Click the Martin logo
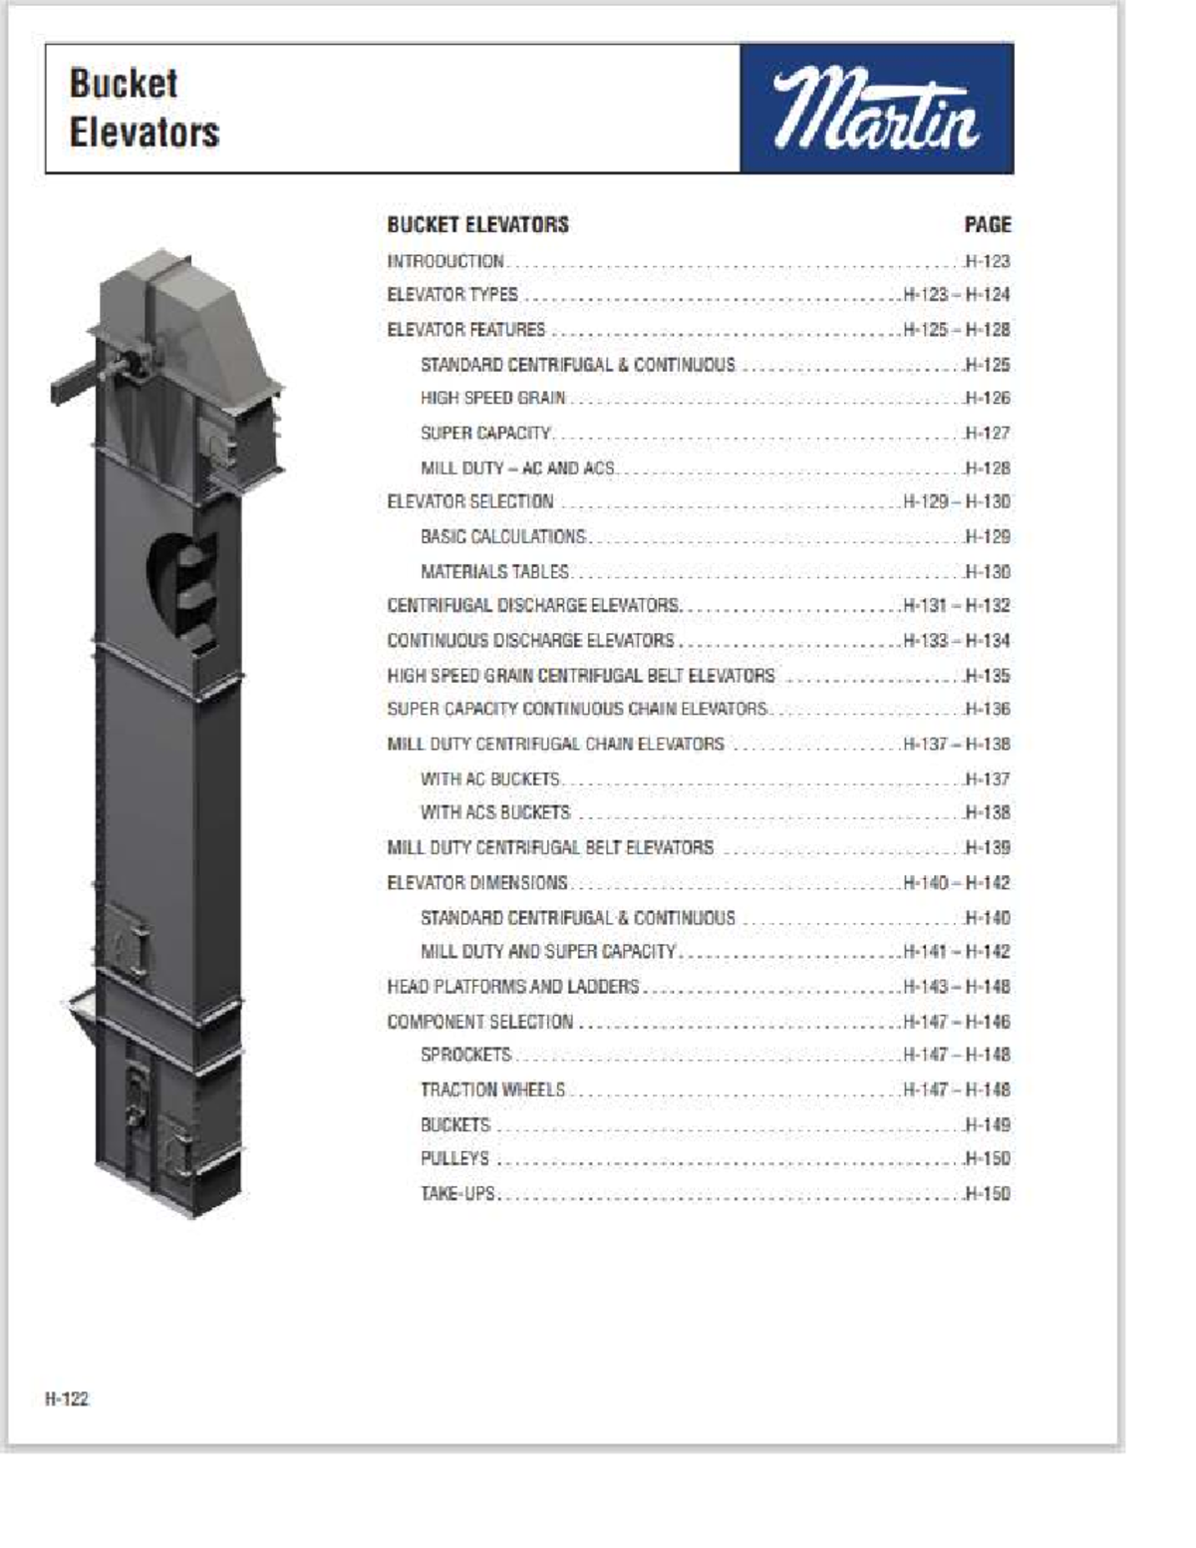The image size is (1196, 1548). pyautogui.click(x=877, y=109)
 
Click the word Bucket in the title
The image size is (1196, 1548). pyautogui.click(x=124, y=84)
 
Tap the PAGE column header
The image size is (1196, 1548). pyautogui.click(x=987, y=225)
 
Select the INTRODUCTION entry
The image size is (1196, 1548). pyautogui.click(x=446, y=261)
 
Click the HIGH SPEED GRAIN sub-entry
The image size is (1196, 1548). pyautogui.click(x=492, y=399)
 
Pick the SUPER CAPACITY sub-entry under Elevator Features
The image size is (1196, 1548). pyautogui.click(x=485, y=434)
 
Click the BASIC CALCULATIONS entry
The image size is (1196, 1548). pyautogui.click(x=503, y=537)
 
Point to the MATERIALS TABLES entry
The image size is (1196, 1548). pyautogui.click(x=494, y=572)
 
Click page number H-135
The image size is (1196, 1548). pyautogui.click(x=987, y=676)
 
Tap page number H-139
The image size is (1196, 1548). pyautogui.click(x=987, y=848)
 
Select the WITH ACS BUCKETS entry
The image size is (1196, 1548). pyautogui.click(x=495, y=813)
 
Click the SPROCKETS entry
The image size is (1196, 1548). pyautogui.click(x=465, y=1055)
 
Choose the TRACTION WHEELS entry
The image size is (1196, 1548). pyautogui.click(x=492, y=1089)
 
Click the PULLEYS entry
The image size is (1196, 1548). pyautogui.click(x=454, y=1158)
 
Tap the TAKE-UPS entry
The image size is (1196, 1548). pyautogui.click(x=457, y=1193)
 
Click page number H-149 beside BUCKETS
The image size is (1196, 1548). pyautogui.click(x=987, y=1124)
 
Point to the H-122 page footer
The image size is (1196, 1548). pyautogui.click(x=67, y=1398)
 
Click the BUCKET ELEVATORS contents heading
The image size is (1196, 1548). pyautogui.click(x=477, y=225)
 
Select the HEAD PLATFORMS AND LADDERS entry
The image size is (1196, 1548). pyautogui.click(x=512, y=987)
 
